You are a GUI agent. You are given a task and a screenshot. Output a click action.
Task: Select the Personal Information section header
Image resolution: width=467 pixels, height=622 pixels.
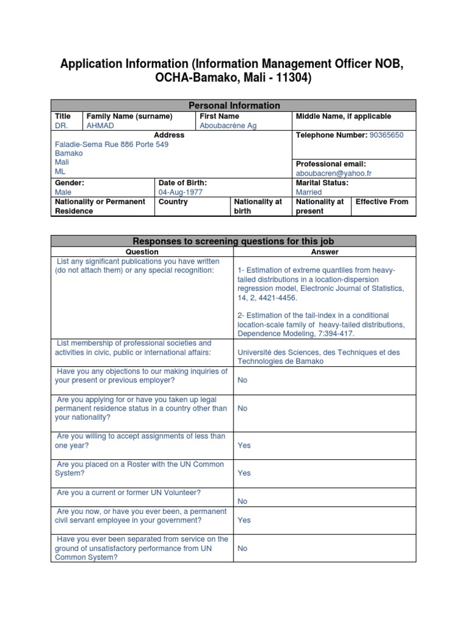233,106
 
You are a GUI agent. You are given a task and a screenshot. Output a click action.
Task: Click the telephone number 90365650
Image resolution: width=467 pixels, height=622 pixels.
386,135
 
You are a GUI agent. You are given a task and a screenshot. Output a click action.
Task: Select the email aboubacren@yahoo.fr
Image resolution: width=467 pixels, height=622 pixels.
333,173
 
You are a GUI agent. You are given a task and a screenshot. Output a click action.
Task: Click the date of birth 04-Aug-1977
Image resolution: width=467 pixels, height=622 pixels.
181,192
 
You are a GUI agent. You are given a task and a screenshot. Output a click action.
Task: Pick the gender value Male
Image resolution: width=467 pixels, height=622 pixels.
64,192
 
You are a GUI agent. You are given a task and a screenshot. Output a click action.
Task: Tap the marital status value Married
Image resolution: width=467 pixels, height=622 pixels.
310,192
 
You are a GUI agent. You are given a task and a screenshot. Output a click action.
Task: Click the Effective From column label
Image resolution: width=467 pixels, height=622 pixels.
382,202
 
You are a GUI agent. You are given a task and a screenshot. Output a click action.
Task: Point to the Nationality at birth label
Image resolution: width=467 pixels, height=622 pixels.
258,206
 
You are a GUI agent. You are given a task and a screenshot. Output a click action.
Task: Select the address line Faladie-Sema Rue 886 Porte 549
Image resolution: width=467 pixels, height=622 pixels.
112,145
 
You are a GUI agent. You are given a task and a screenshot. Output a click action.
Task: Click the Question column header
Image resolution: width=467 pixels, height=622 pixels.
142,251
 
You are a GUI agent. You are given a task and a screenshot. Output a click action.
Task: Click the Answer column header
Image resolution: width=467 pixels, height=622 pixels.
325,251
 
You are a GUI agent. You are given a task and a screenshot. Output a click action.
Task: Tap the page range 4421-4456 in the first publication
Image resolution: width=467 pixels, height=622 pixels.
277,298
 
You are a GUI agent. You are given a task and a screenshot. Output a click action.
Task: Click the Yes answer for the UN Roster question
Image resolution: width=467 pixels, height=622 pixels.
244,473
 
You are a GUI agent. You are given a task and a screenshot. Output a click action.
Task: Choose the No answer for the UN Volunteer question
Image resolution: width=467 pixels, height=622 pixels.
243,502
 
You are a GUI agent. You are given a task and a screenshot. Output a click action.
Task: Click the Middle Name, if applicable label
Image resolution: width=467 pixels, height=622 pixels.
344,116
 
